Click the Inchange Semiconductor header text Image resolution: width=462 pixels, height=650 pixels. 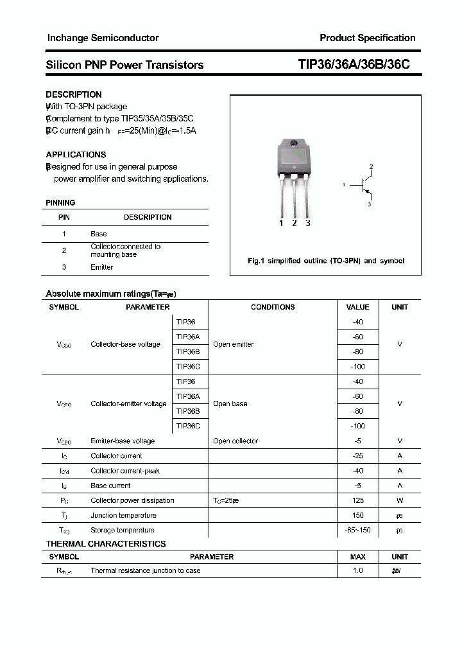point(103,38)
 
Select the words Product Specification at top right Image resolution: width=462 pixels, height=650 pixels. point(367,38)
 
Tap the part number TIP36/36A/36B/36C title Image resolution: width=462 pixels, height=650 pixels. point(354,65)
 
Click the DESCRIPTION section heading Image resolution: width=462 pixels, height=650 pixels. point(74,94)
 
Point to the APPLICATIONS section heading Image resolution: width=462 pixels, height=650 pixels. point(76,155)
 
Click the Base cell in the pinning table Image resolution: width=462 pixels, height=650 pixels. point(99,234)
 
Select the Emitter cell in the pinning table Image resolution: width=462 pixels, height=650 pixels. point(101,267)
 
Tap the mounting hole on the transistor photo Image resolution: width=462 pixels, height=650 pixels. point(294,144)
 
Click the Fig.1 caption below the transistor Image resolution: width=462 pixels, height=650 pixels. point(326,261)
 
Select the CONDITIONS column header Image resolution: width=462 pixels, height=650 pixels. point(273,307)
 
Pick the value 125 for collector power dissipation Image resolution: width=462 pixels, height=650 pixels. point(357,500)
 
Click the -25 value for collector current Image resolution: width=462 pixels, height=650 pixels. point(357,456)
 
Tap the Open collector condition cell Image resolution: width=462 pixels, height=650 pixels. point(235,441)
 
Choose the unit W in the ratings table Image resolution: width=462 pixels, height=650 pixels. point(400,500)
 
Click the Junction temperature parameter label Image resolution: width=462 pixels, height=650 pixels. point(123,515)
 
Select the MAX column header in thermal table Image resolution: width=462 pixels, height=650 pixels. point(357,557)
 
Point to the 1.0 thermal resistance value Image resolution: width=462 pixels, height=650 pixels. point(357,570)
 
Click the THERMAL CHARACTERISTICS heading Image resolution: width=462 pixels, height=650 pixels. point(106,544)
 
